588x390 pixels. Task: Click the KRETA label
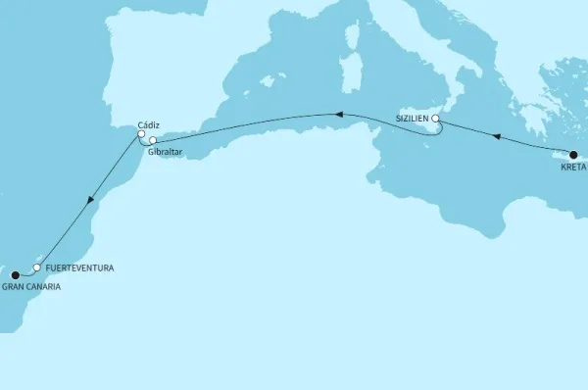tap(572, 168)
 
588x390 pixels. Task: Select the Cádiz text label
tap(149, 124)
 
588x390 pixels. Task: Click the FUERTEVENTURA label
tap(73, 267)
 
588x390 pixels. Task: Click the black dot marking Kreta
tap(573, 154)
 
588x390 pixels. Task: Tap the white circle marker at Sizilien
tap(437, 121)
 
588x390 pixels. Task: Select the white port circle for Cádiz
tap(141, 135)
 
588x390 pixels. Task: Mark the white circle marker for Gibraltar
tap(153, 141)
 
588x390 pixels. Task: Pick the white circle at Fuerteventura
tap(37, 268)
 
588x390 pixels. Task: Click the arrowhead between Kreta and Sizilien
tap(497, 137)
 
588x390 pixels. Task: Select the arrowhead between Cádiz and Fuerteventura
tap(90, 200)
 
